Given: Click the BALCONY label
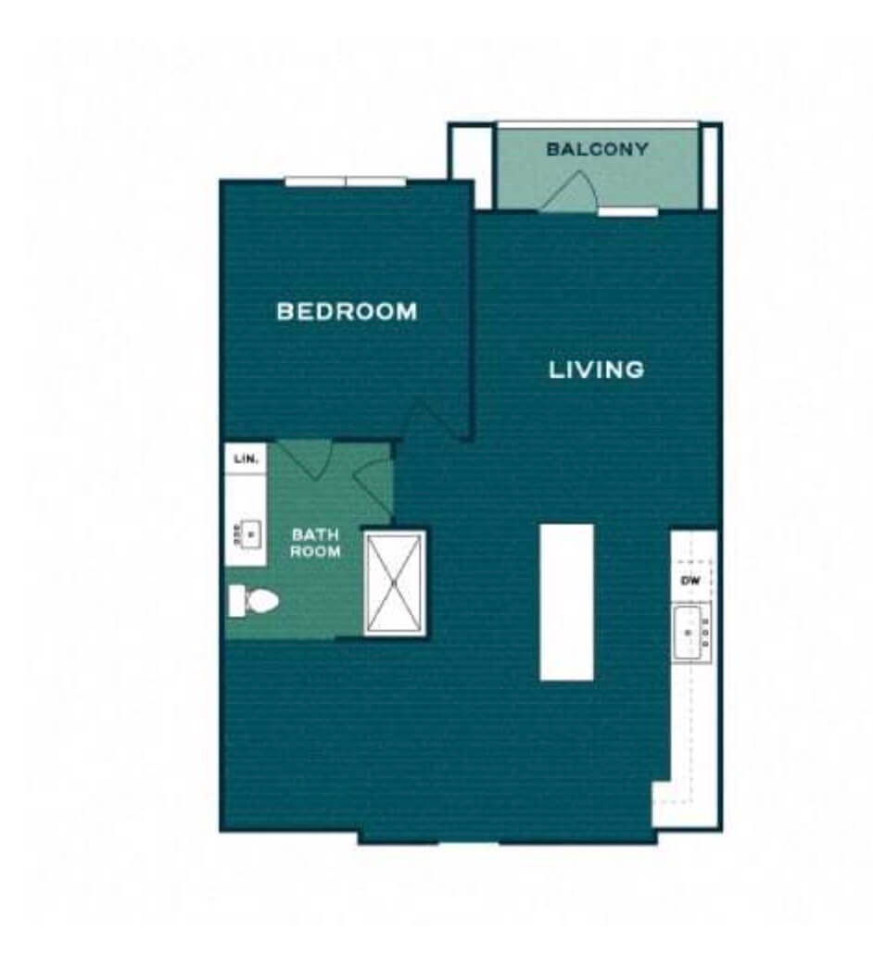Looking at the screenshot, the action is click(x=597, y=149).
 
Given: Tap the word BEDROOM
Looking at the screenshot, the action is click(x=347, y=311).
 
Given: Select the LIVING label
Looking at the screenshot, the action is click(x=597, y=370).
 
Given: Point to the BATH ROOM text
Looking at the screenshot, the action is click(x=315, y=543).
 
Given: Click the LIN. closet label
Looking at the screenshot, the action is click(x=247, y=459).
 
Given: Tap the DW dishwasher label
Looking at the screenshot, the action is click(x=690, y=581).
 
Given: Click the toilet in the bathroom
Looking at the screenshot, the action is click(x=253, y=601).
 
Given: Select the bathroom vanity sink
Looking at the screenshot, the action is click(x=247, y=535).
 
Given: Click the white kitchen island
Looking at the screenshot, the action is click(x=567, y=602).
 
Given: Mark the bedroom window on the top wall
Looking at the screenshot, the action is click(x=346, y=182).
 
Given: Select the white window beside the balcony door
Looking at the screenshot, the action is click(x=627, y=212).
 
